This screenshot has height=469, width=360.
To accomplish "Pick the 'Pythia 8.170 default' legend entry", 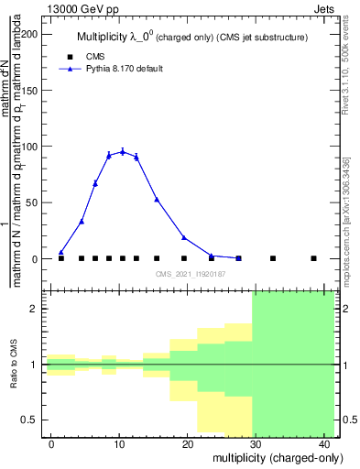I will tap(124, 69).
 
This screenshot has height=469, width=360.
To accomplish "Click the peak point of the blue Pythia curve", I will tap(122, 151).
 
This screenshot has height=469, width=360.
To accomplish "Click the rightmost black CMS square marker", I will tap(313, 258).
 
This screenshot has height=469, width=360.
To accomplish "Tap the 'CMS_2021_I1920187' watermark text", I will tap(191, 274).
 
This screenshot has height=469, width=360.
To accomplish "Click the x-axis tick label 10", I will tap(120, 444).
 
